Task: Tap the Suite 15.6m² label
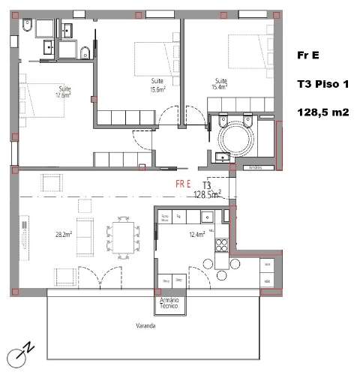157,85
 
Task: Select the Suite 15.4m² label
220,85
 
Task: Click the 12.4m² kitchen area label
197,235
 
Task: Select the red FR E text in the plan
183,183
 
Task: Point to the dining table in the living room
121,236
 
